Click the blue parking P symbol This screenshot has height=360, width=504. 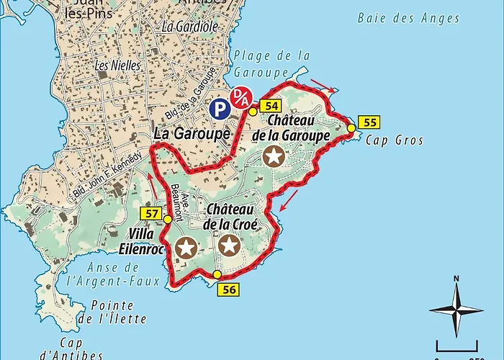tap(220, 109)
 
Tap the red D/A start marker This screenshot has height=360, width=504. tap(240, 97)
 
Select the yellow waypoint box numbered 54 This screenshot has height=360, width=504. tap(271, 106)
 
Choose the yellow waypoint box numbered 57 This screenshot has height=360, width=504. tap(150, 213)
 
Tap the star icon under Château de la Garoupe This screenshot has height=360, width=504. tap(274, 156)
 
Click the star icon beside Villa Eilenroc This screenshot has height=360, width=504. tap(186, 248)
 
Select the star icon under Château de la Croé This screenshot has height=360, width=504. tap(230, 246)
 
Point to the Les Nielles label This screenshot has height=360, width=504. tap(112, 65)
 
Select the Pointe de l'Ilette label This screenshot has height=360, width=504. tap(119, 311)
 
